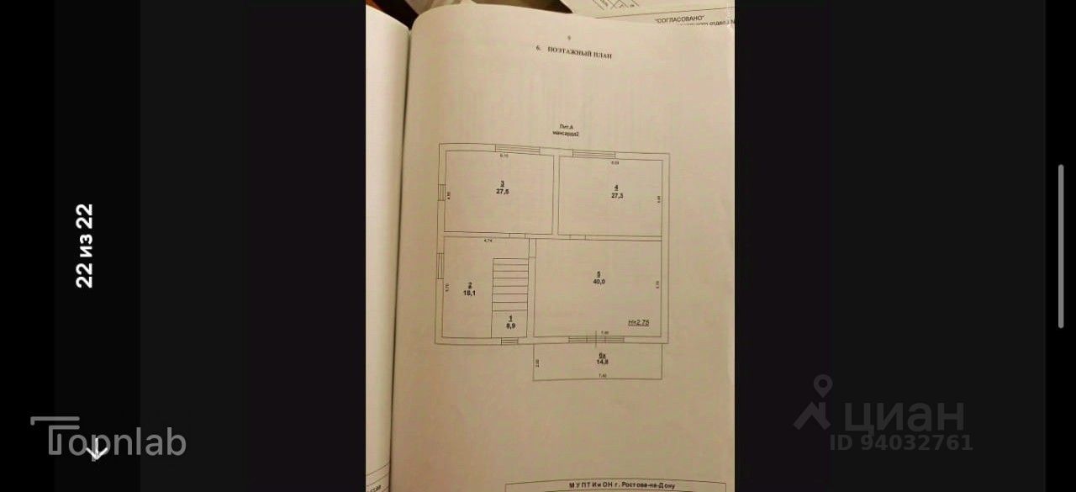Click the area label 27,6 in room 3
[503, 192]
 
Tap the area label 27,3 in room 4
[617, 195]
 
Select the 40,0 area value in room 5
[599, 282]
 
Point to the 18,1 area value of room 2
[469, 294]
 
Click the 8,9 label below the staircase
[510, 324]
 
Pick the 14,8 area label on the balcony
[603, 361]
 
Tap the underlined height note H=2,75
[639, 322]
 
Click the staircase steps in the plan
[510, 286]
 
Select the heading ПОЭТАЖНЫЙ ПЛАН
[579, 52]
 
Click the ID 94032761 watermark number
[901, 442]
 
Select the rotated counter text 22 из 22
[84, 246]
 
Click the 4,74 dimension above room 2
[487, 241]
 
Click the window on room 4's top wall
[594, 152]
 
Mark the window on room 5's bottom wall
[596, 338]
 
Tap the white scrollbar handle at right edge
[1061, 246]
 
